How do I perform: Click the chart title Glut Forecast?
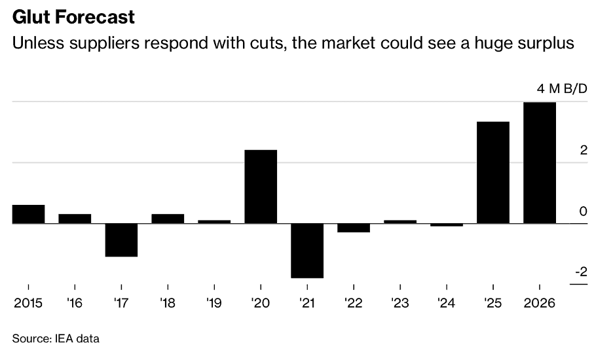click(x=73, y=16)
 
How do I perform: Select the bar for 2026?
click(x=540, y=162)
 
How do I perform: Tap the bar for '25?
click(x=493, y=172)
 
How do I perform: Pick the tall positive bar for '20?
click(x=261, y=187)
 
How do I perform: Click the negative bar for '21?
click(x=307, y=251)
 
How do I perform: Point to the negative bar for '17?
click(x=121, y=240)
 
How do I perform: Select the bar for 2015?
click(x=28, y=214)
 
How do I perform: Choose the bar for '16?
click(x=75, y=219)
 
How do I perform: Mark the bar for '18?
click(x=168, y=219)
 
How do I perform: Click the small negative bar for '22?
click(x=354, y=228)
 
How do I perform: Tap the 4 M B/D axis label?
click(x=562, y=89)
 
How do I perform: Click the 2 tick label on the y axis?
click(x=584, y=151)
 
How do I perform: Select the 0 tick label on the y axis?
click(x=584, y=211)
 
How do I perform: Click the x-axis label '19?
click(x=214, y=304)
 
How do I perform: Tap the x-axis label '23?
click(x=400, y=304)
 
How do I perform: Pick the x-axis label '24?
click(x=447, y=304)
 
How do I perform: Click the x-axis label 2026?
click(x=540, y=304)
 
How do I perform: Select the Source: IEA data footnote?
click(x=56, y=338)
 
